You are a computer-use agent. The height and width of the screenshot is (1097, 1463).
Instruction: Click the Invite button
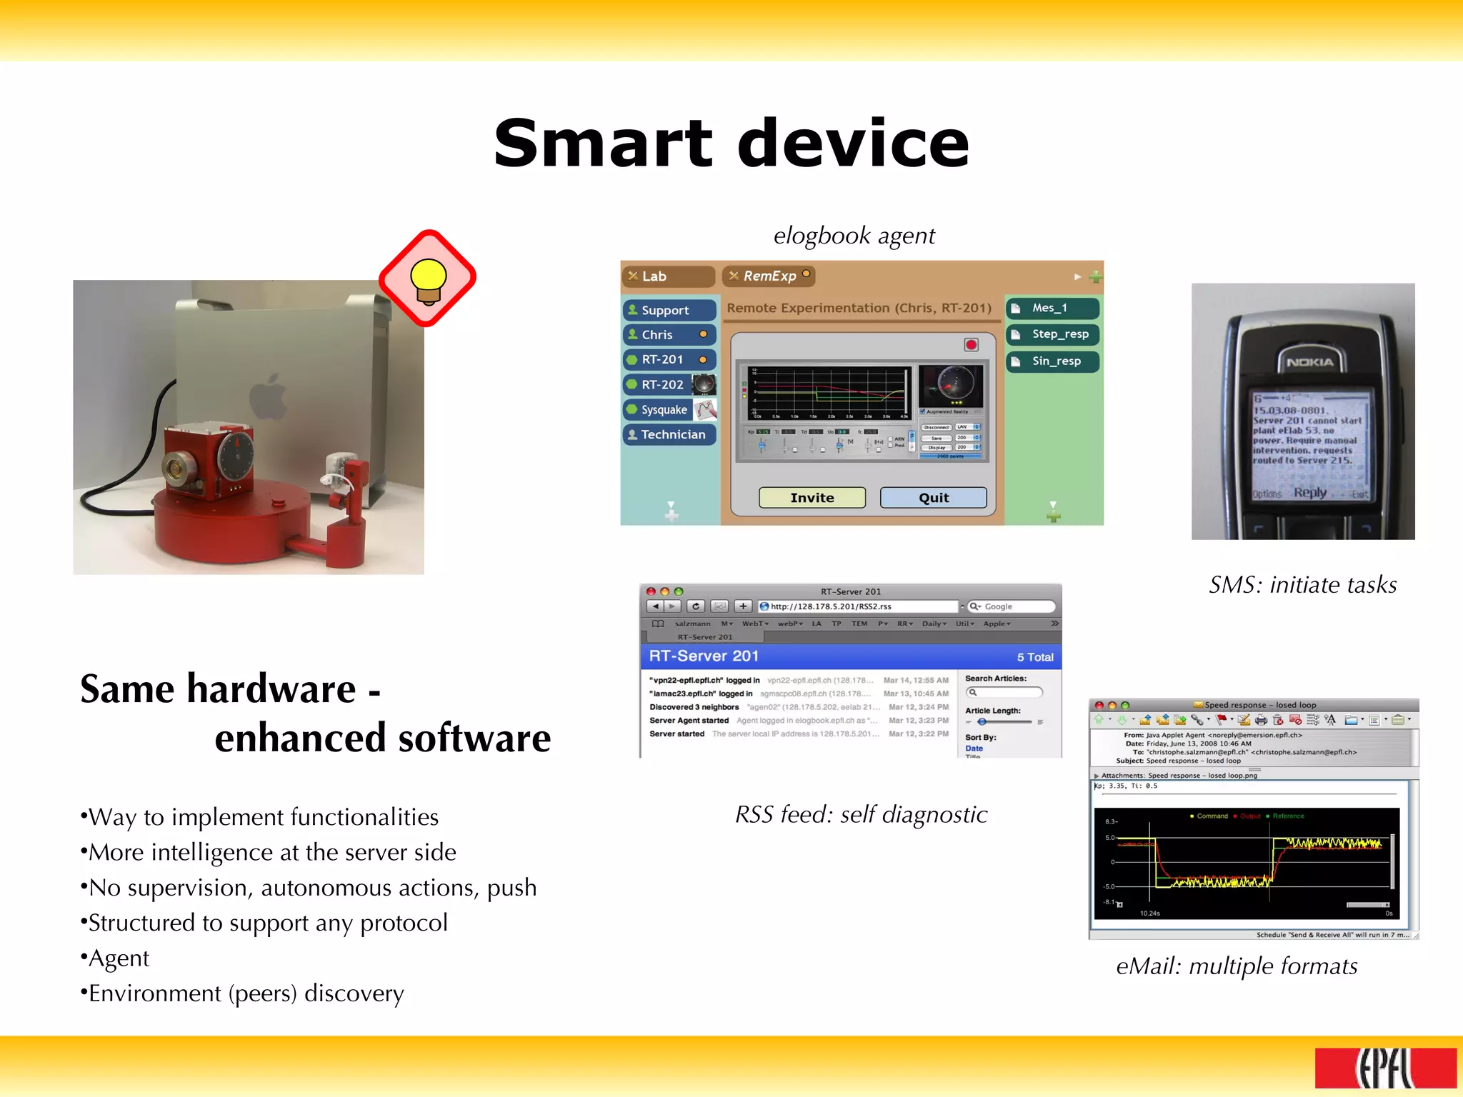[812, 498]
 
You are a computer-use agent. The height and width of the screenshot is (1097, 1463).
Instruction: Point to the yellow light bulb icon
[428, 279]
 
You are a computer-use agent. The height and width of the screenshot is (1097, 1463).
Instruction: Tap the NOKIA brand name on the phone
[1309, 362]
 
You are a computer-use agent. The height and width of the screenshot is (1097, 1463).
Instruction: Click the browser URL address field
[857, 606]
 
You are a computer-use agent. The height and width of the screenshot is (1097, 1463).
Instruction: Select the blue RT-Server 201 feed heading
[704, 656]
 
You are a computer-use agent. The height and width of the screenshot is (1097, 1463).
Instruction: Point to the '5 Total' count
[1034, 657]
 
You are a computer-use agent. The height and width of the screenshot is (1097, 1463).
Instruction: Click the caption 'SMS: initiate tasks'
[1302, 585]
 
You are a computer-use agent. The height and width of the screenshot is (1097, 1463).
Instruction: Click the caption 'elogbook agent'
[854, 236]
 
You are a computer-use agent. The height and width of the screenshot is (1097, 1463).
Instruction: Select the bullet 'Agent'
[119, 958]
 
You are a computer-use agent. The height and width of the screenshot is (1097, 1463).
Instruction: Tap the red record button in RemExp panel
[971, 345]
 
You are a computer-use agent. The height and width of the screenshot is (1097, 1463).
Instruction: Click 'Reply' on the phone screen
[1309, 492]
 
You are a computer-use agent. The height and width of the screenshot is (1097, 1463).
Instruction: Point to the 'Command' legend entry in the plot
[1212, 816]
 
